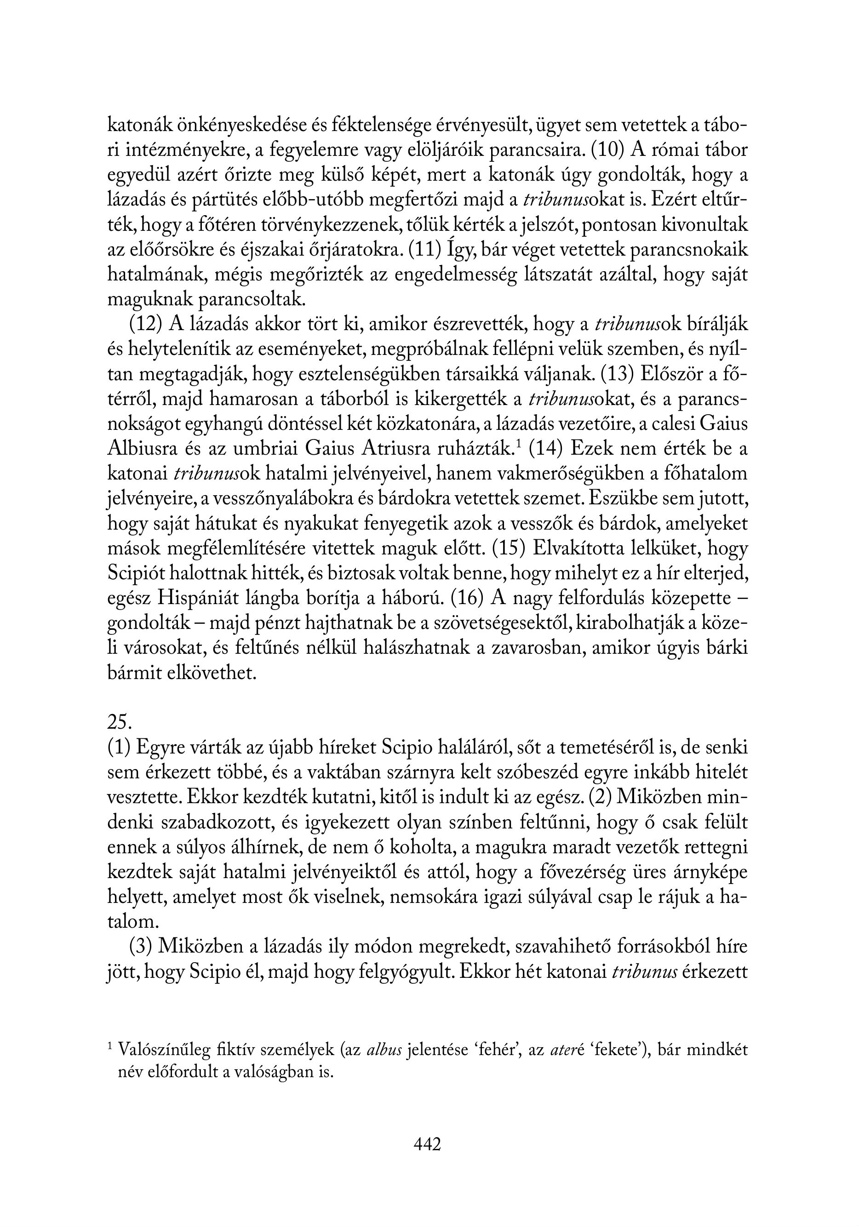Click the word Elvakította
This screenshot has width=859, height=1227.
point(575,549)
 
